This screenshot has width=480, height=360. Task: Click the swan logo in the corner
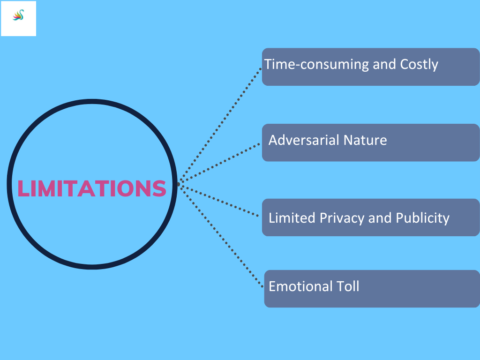pyautogui.click(x=19, y=16)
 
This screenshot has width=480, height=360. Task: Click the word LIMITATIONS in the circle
pyautogui.click(x=91, y=188)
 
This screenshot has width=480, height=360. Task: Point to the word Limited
pyautogui.click(x=292, y=218)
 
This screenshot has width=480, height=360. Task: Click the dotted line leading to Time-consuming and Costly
pyautogui.click(x=220, y=124)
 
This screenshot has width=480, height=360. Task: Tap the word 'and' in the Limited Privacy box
pyautogui.click(x=380, y=218)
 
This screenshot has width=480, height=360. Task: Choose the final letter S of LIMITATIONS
pyautogui.click(x=160, y=188)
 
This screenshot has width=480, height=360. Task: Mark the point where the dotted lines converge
pyautogui.click(x=179, y=184)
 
